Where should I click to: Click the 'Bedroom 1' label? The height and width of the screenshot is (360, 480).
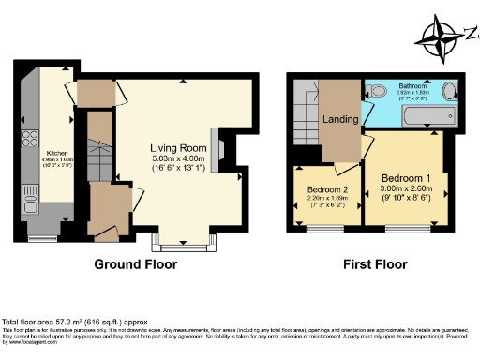pos(405,177)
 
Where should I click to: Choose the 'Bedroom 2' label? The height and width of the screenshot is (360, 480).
pos(327,190)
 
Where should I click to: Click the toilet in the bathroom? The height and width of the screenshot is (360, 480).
pos(376,91)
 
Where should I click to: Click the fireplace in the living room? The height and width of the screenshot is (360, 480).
pos(217,150)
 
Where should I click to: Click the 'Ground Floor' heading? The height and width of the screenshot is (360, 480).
pos(135,264)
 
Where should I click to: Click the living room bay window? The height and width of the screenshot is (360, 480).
pos(179,244)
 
